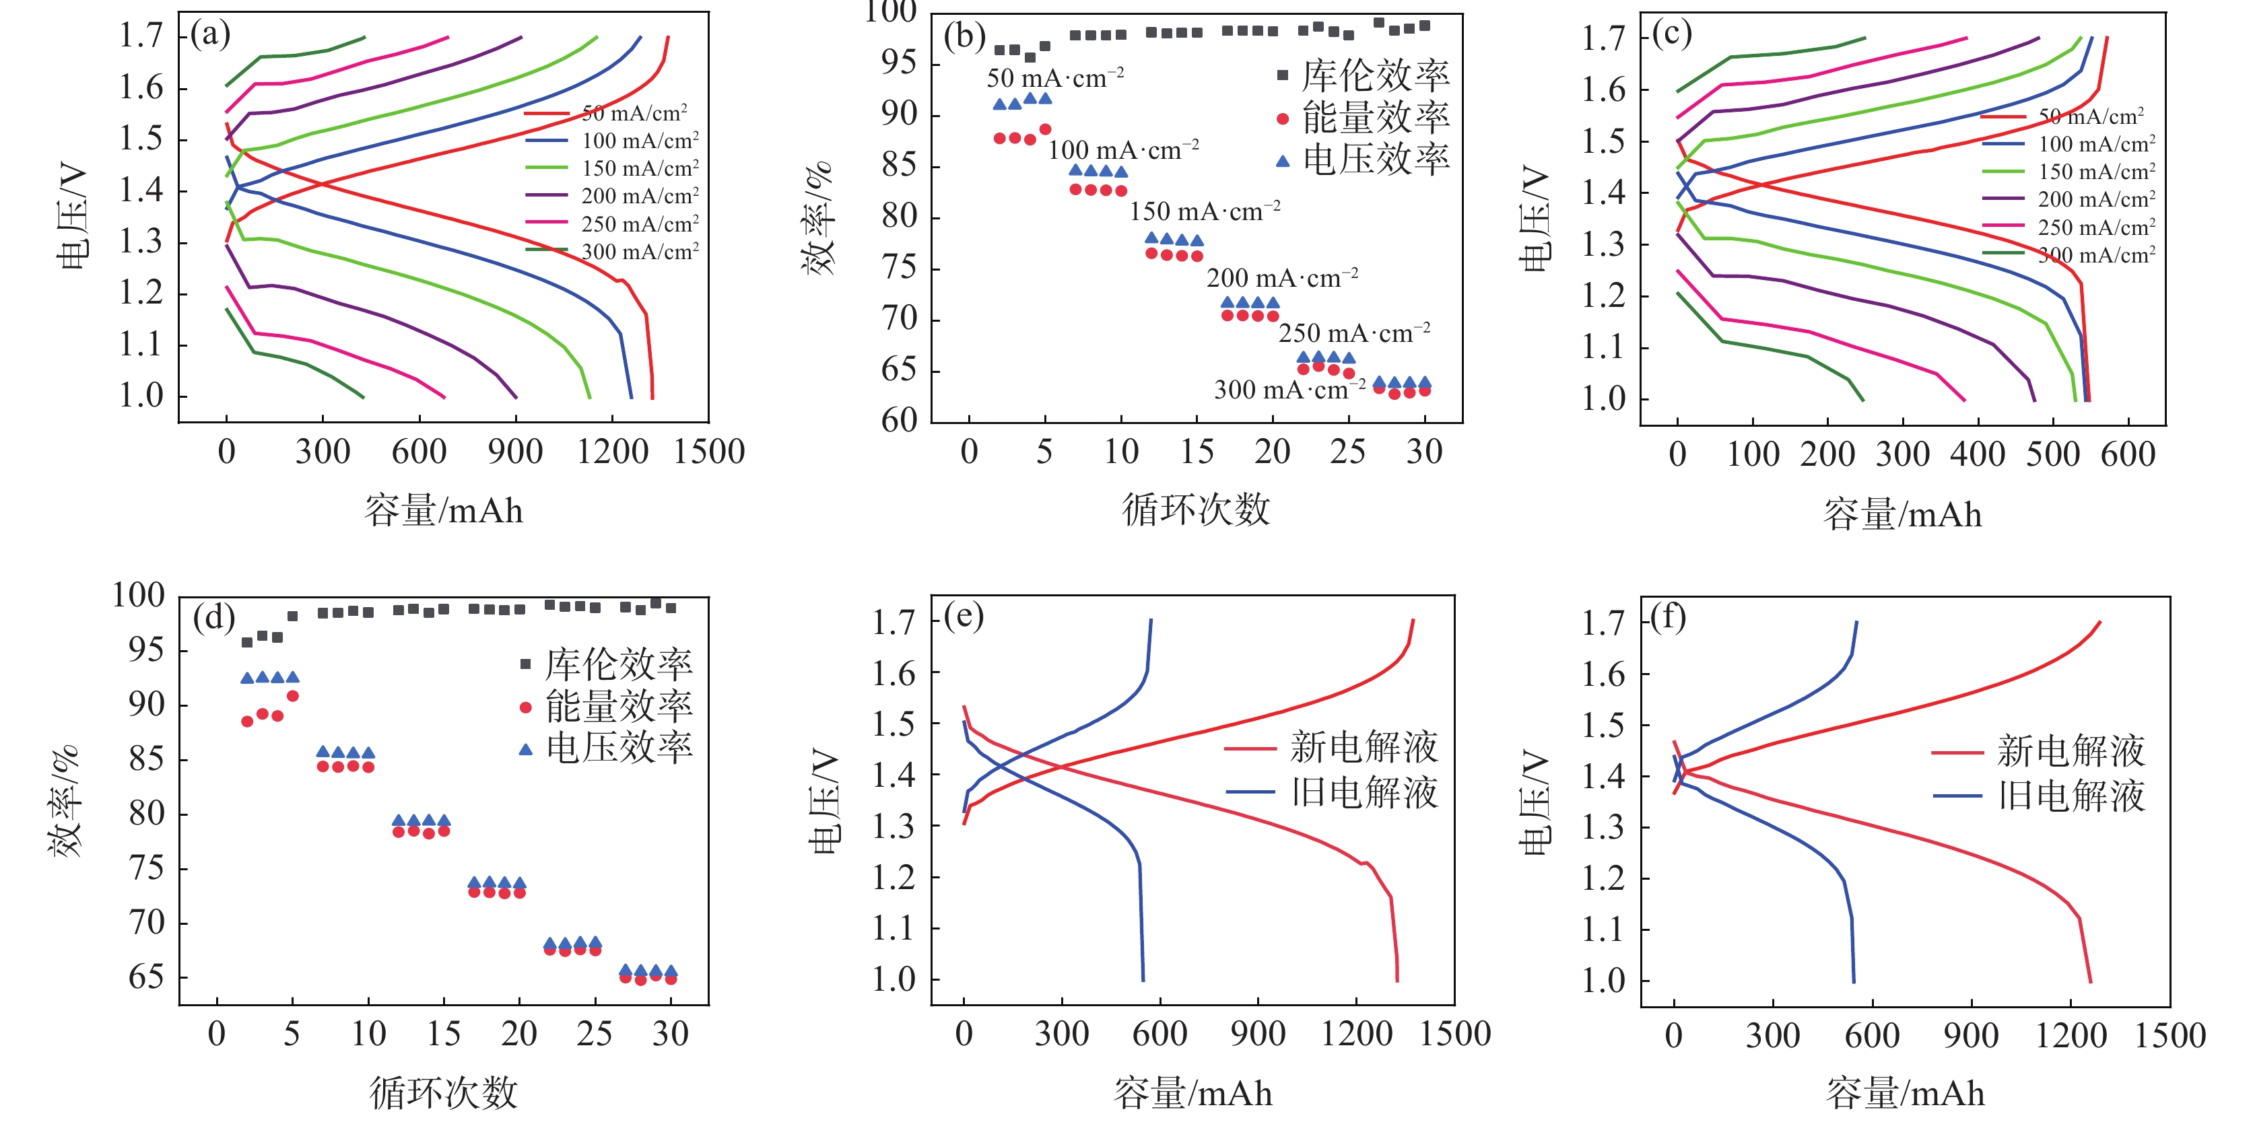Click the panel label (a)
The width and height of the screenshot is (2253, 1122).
click(210, 35)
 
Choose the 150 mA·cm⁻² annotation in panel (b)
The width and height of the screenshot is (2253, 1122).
click(1205, 211)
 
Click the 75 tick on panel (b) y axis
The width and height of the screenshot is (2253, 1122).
click(900, 268)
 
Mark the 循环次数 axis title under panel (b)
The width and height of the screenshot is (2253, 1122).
click(1196, 509)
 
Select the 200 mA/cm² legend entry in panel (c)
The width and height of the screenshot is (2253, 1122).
click(2095, 199)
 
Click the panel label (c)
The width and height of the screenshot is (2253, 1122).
click(1671, 35)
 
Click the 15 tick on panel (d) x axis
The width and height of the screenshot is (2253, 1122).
click(444, 1035)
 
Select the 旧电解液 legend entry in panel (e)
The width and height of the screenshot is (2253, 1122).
click(1364, 792)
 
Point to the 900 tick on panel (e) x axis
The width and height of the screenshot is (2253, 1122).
click(1258, 1035)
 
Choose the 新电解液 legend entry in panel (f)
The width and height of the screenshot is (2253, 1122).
click(2071, 751)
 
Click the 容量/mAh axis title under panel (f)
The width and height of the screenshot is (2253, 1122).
click(1905, 1093)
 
